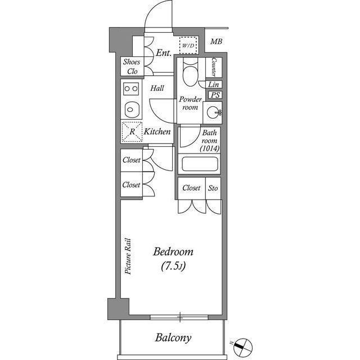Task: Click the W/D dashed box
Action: tap(187, 44)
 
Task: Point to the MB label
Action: tap(215, 42)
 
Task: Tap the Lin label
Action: tap(214, 84)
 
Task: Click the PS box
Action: tap(214, 95)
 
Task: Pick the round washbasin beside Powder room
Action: tap(214, 112)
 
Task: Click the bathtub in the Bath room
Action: tap(199, 165)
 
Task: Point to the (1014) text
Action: tap(209, 148)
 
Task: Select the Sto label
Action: tap(214, 188)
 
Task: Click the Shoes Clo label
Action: tap(132, 67)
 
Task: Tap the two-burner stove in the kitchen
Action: tap(132, 88)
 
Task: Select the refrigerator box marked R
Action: tap(132, 132)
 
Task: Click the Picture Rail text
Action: tap(128, 255)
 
